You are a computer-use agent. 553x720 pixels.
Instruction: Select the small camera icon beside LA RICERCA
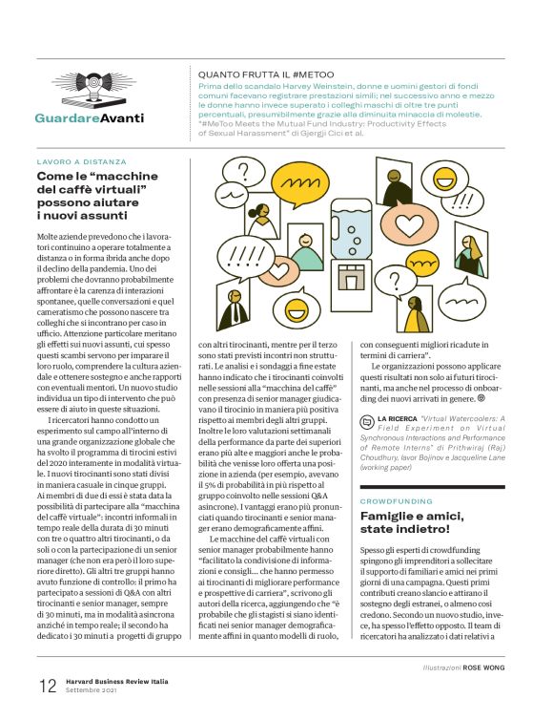click(x=367, y=420)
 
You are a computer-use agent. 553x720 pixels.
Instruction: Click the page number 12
click(x=47, y=686)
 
